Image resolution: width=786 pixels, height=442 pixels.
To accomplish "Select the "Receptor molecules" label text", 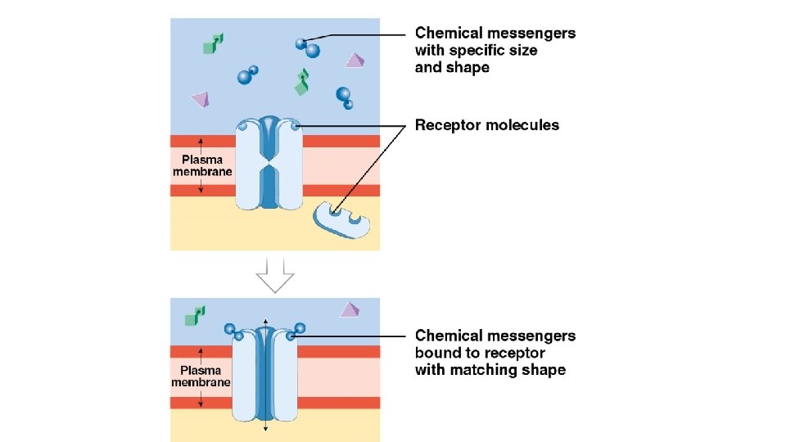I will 487,125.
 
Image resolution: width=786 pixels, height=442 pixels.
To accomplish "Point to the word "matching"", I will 483,370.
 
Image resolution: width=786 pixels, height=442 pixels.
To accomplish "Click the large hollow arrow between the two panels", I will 274,276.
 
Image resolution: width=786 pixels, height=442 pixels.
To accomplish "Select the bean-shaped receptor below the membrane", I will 341,219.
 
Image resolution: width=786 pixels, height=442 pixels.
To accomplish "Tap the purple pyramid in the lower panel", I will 350,309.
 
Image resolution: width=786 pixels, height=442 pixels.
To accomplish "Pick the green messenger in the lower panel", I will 195,315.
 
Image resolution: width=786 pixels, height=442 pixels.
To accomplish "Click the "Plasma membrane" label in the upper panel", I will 202,166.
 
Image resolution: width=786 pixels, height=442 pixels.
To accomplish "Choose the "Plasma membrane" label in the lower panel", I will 202,376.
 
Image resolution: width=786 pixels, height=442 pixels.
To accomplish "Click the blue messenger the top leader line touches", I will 303,43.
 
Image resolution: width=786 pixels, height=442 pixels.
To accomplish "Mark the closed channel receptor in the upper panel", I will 269,162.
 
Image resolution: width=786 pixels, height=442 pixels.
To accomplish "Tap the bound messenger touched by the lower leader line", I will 300,329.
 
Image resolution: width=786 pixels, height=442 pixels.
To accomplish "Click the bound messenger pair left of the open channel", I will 233,331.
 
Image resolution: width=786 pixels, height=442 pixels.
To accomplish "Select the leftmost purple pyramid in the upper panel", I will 201,100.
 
